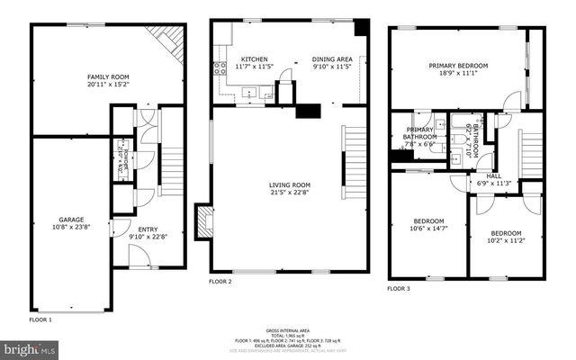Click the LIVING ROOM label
point(290,186)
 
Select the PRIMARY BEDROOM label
point(457,66)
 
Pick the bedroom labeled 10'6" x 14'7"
point(428,221)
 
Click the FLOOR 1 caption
point(41,319)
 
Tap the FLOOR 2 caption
point(220,282)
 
